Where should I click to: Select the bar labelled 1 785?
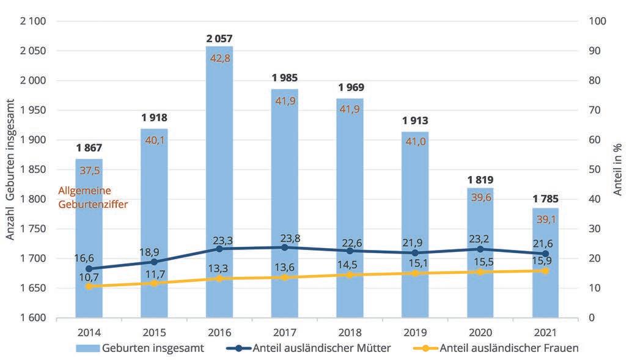[545, 263]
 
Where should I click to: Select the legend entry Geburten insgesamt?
[140, 348]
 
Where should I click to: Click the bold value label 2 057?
[219, 39]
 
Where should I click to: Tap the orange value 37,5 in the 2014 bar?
[89, 170]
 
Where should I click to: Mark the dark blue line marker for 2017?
[285, 248]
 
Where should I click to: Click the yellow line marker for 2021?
[545, 271]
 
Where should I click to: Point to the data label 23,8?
[285, 235]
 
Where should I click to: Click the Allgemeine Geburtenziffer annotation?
[92, 197]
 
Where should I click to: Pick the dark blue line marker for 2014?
[89, 268]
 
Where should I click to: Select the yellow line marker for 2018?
[350, 275]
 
